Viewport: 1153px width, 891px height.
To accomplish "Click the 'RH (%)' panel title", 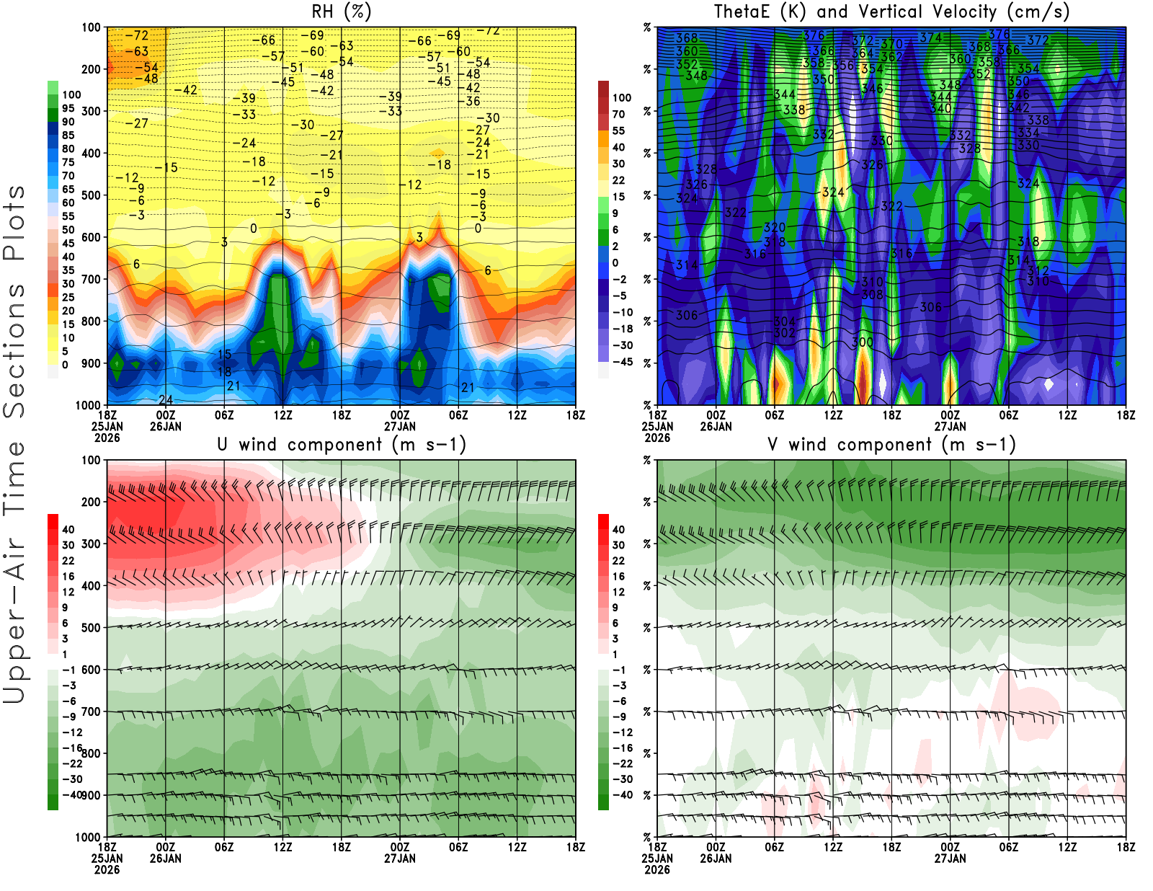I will pyautogui.click(x=342, y=12).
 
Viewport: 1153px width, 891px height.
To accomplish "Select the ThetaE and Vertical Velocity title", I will pyautogui.click(x=891, y=12).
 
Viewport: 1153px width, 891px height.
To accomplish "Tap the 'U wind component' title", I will pyautogui.click(x=342, y=445).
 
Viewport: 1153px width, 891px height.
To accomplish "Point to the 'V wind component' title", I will pyautogui.click(x=891, y=445).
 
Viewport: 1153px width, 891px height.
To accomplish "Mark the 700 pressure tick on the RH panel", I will pyautogui.click(x=91, y=279).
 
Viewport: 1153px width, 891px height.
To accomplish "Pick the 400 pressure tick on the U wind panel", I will pyautogui.click(x=91, y=586).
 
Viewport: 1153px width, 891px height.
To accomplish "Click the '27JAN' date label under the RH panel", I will pyautogui.click(x=400, y=426).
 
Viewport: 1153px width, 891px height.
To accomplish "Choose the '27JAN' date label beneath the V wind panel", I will pyautogui.click(x=951, y=859).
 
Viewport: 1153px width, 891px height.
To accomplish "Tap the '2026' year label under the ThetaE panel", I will pyautogui.click(x=657, y=438).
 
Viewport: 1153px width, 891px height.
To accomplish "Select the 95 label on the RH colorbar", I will pyautogui.click(x=68, y=108).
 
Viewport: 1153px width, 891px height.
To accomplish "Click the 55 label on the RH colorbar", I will pyautogui.click(x=68, y=216).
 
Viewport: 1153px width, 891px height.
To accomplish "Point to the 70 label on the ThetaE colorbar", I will pyautogui.click(x=618, y=114).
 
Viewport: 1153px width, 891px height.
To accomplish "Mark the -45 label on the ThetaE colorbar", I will pyautogui.click(x=623, y=362).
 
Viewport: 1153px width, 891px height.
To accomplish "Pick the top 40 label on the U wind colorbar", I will pyautogui.click(x=68, y=529).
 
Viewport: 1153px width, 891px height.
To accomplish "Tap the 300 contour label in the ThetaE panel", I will pyautogui.click(x=863, y=342).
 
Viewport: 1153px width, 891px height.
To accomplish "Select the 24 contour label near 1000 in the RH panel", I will pyautogui.click(x=166, y=400).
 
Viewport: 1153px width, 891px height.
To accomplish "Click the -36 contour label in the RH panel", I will pyautogui.click(x=473, y=102).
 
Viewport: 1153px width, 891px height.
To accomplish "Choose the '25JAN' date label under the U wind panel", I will pyautogui.click(x=107, y=859).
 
